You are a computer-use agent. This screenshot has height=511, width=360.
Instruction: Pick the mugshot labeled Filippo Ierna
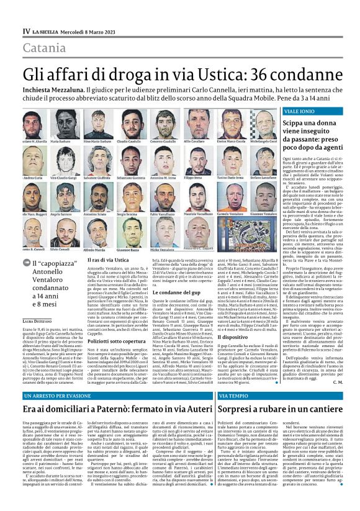click(x=194, y=161)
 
